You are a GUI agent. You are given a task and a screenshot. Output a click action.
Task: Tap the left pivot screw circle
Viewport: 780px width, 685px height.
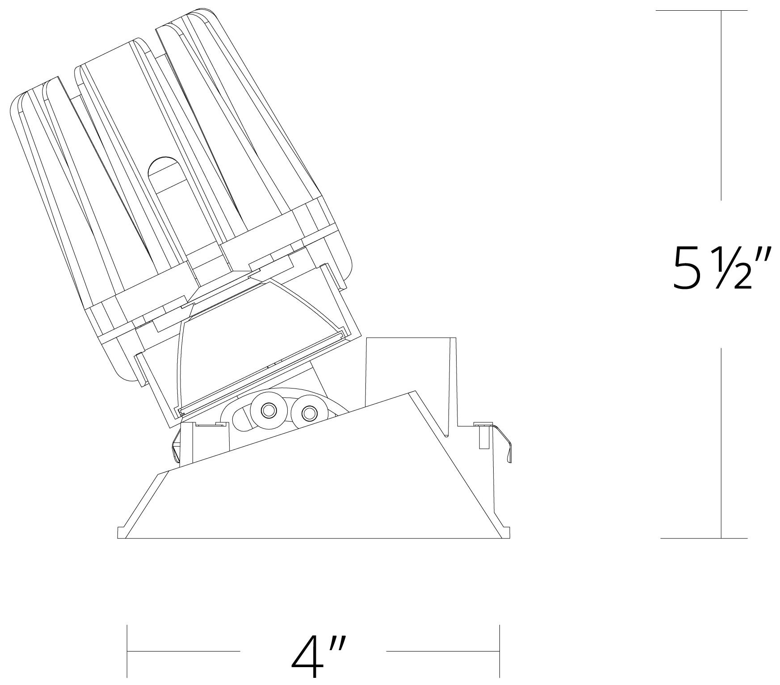tap(268, 409)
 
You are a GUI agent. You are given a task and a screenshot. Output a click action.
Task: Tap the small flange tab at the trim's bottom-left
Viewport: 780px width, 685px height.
tap(121, 533)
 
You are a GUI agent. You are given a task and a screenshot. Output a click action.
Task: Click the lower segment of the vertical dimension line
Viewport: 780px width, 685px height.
tap(721, 442)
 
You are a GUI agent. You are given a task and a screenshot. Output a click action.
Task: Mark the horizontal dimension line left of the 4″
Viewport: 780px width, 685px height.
tap(184, 652)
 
